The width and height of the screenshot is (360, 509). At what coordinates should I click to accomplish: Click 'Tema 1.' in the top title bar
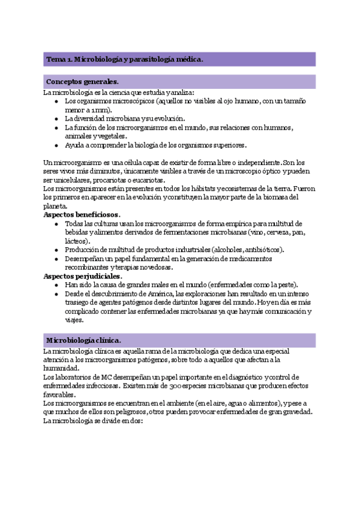[x=59, y=59]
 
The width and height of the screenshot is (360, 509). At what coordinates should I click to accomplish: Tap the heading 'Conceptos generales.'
[x=82, y=82]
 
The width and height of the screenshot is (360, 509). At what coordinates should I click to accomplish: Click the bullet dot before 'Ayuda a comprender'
[x=56, y=145]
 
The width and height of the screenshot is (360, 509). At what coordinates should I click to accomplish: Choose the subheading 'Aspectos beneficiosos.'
[x=82, y=214]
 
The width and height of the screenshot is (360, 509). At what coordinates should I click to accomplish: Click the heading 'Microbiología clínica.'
[x=83, y=340]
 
